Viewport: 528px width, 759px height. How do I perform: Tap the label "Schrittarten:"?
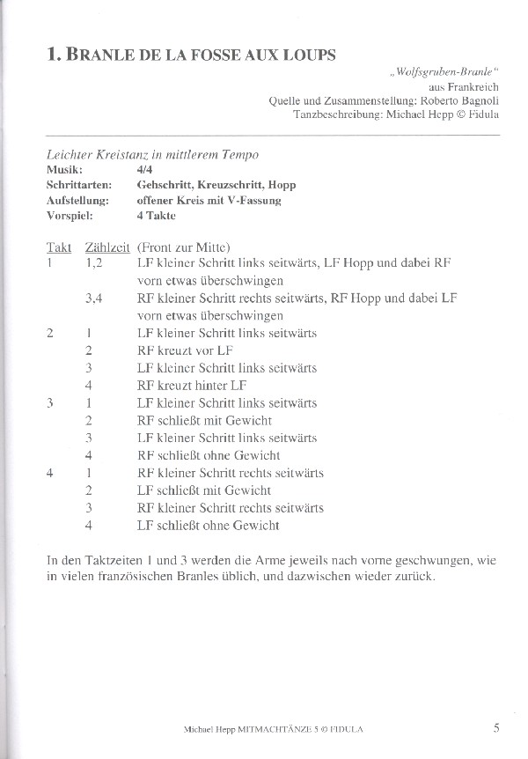79,185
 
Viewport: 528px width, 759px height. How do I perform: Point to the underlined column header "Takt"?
59,247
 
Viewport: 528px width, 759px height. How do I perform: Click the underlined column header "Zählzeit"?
106,247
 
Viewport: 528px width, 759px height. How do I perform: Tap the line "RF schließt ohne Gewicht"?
209,455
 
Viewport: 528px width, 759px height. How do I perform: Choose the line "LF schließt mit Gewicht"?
204,490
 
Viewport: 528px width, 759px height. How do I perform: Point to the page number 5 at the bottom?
496,726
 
